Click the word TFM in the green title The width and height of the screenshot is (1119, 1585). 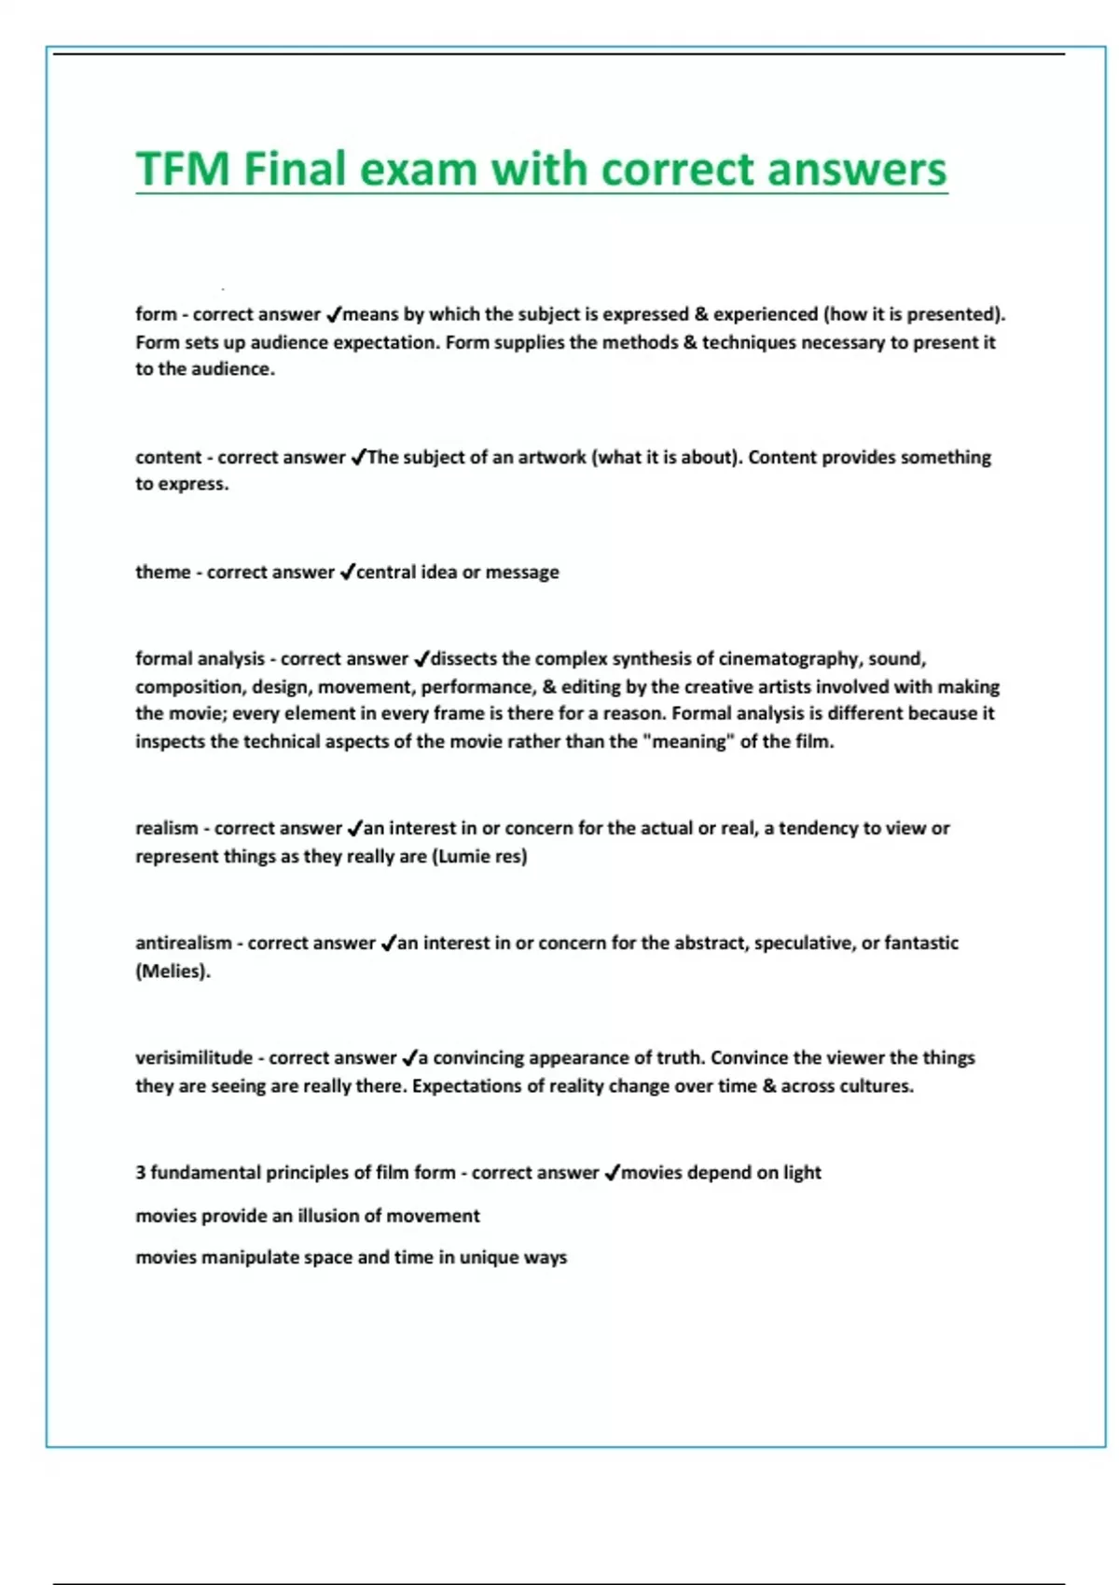tap(183, 170)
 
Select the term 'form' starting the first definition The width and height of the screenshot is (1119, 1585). tap(156, 314)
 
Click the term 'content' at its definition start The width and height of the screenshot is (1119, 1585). tap(168, 457)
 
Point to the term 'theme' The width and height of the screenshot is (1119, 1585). tap(162, 572)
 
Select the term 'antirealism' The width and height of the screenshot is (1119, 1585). tap(184, 943)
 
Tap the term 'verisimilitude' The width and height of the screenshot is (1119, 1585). tap(194, 1057)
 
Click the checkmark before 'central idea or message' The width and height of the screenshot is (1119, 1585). tap(347, 572)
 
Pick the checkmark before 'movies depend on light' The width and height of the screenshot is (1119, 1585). tap(612, 1172)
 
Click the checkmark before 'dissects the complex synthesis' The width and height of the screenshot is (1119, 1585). tap(421, 659)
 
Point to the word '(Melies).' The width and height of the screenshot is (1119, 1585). tap(173, 971)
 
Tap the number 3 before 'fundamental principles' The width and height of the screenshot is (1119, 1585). tap(141, 1172)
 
